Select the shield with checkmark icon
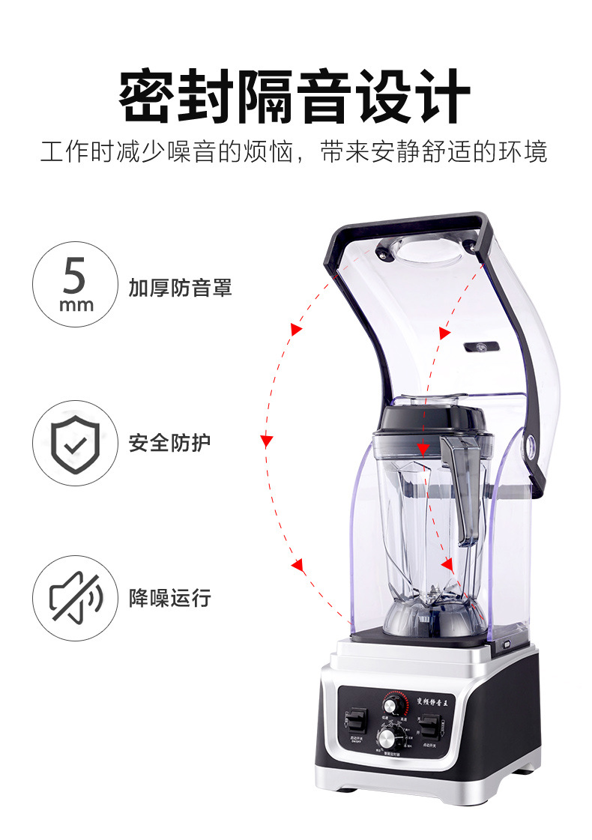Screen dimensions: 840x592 (x=75, y=443)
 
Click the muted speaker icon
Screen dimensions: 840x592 (x=75, y=597)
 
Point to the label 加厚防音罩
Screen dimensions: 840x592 (x=180, y=287)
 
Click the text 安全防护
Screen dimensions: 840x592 (x=169, y=443)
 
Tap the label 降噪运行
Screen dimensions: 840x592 (x=169, y=598)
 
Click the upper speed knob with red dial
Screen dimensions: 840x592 (x=392, y=706)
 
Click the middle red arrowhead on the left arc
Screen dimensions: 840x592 (x=266, y=441)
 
